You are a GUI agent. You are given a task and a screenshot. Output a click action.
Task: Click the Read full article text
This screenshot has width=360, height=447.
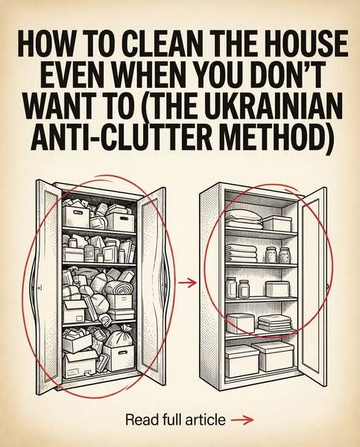point(175,419)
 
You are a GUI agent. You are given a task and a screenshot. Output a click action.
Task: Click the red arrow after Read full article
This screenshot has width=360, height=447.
point(242,419)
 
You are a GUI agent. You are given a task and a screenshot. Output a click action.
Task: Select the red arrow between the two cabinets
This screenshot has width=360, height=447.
point(187,283)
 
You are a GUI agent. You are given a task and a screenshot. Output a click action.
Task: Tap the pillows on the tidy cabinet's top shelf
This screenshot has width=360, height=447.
point(244,220)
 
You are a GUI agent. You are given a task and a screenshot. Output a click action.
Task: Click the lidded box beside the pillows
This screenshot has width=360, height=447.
point(277,223)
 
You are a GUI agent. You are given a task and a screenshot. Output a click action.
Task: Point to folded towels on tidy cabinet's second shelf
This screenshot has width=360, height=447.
point(241,253)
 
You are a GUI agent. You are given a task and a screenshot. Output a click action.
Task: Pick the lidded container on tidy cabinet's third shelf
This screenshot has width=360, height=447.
point(277,289)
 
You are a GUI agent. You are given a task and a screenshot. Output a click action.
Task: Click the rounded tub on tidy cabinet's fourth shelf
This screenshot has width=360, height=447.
point(240,323)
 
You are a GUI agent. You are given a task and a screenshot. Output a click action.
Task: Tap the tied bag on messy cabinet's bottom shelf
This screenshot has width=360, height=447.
point(119,338)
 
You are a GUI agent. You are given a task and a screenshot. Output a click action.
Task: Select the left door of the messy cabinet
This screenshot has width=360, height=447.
point(48,285)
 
